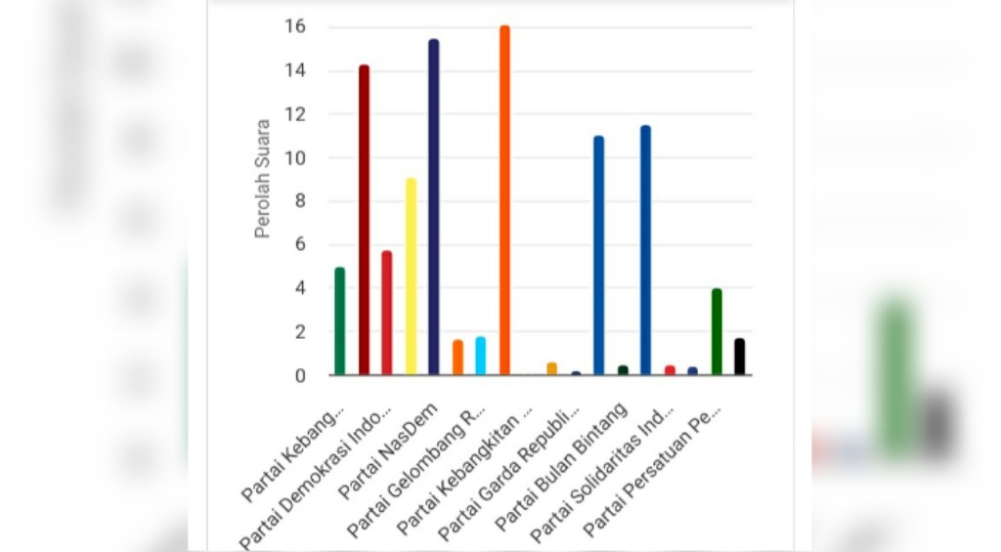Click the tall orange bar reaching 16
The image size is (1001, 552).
[504, 200]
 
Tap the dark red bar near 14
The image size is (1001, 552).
[364, 220]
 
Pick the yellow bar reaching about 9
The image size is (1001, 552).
[411, 276]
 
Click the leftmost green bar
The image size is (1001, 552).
[339, 321]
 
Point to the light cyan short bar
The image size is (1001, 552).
[480, 356]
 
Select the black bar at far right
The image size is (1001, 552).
[740, 357]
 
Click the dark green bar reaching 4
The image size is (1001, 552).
[717, 332]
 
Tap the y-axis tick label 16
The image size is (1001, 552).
[294, 27]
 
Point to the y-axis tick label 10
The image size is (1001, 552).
[294, 158]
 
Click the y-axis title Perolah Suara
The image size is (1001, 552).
[262, 179]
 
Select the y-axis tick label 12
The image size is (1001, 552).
[294, 114]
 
